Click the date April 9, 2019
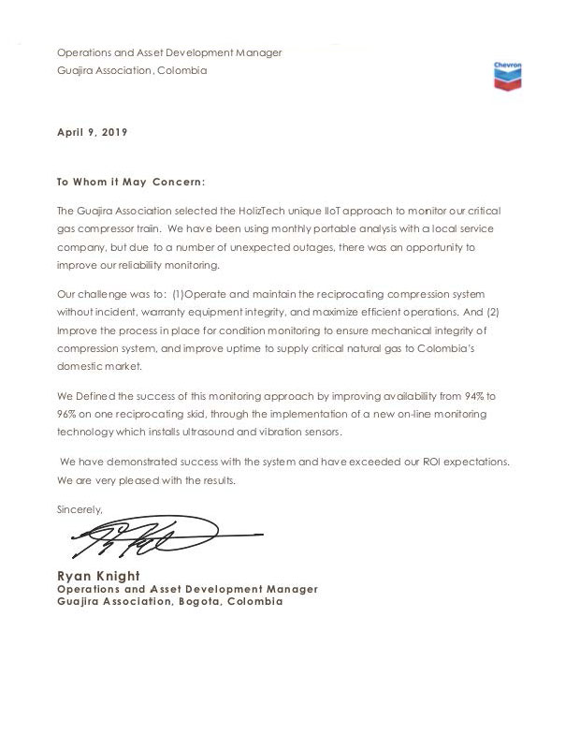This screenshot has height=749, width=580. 93,132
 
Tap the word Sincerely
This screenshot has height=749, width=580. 80,509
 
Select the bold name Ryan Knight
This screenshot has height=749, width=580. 99,575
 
